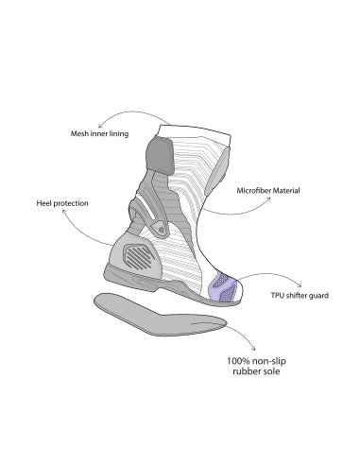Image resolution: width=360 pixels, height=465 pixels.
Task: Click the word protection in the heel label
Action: (76, 202)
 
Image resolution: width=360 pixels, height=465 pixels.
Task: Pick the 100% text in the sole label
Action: (242, 359)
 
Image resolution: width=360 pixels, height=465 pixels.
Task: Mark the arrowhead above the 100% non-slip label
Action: (253, 346)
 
